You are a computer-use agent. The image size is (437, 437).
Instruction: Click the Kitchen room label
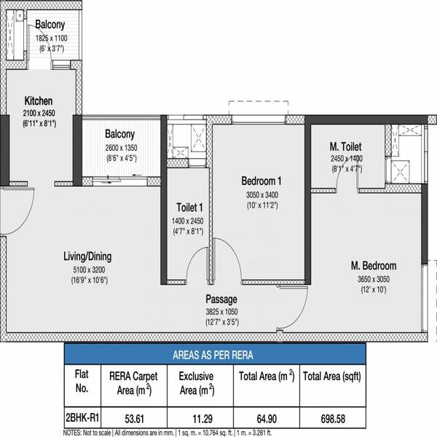pos(39,101)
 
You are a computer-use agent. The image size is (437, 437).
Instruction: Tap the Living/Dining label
pos(87,256)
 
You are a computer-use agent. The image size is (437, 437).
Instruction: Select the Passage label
pos(221,299)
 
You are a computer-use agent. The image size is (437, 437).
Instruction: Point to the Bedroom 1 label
pos(261,181)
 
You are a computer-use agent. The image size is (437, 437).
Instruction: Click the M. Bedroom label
pos(374,266)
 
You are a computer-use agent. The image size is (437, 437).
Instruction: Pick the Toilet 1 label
pos(189,208)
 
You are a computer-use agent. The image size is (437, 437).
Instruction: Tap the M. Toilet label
pos(345,146)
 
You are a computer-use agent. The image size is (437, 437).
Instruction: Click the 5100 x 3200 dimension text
pos(89,269)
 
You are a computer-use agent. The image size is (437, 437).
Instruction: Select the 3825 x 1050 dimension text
pos(221,312)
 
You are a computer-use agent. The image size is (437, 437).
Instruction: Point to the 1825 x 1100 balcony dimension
pos(51,38)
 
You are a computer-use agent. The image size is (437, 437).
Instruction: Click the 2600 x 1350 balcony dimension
pos(121,148)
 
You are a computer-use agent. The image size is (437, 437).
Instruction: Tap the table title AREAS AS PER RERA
pos(213,355)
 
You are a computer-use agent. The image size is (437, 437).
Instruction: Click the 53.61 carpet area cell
pos(134,419)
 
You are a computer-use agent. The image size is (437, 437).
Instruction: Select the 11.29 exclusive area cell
pos(202,419)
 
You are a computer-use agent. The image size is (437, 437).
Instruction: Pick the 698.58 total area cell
pos(333,419)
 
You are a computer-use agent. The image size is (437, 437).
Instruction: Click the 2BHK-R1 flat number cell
pos(82,418)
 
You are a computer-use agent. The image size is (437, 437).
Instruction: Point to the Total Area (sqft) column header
pos(332,377)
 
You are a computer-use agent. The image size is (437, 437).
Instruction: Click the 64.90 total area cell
pos(267,419)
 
